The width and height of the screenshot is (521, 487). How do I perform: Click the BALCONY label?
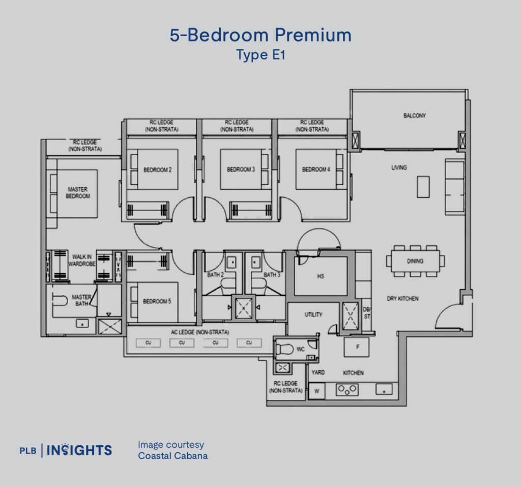(414, 116)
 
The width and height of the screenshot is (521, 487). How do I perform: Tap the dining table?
(415, 261)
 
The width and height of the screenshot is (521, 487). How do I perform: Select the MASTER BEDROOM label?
(78, 193)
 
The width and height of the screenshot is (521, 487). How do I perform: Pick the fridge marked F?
(356, 347)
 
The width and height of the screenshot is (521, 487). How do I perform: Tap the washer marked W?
(316, 391)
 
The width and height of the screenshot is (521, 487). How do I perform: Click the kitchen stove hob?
(347, 390)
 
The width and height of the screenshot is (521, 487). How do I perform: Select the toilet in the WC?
(284, 349)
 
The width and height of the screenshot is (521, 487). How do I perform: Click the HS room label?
(321, 276)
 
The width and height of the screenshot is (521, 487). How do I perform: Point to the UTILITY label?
(313, 314)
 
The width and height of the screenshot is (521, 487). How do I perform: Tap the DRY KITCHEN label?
(402, 299)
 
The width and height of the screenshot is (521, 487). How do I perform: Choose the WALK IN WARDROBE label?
(82, 260)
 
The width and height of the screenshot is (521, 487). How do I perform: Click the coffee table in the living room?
(423, 187)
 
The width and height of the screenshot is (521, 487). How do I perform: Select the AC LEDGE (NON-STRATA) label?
(200, 332)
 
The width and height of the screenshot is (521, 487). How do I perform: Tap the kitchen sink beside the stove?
(384, 389)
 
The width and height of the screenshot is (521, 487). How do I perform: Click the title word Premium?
(313, 35)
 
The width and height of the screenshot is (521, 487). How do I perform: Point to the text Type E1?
(261, 55)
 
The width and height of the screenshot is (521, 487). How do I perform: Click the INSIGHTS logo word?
(79, 450)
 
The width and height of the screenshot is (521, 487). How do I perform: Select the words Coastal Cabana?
(173, 456)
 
